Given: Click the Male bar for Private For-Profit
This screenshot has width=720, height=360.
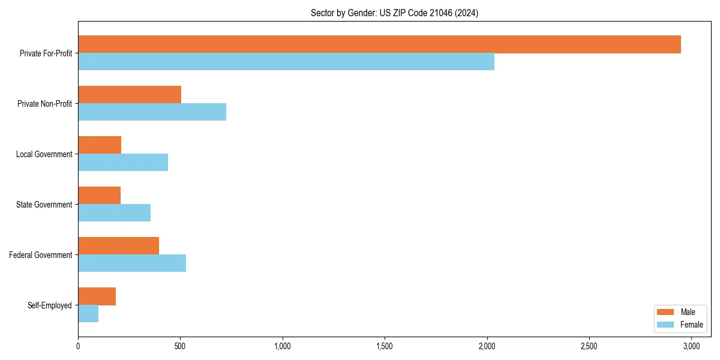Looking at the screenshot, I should tap(379, 44).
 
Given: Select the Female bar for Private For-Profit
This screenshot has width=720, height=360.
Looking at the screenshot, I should tap(286, 62).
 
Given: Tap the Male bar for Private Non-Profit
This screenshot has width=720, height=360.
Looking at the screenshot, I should tap(130, 95).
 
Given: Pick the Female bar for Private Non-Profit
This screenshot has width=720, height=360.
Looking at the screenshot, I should tap(152, 112).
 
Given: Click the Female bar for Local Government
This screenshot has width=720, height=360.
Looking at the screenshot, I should tap(123, 163).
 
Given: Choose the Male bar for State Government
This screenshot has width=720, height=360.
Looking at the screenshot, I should tap(99, 196).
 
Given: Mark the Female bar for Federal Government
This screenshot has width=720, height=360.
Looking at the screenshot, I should tap(132, 263).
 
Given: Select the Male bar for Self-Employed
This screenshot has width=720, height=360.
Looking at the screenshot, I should tap(97, 296).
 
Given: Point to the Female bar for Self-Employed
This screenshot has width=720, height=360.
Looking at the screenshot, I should tap(88, 314).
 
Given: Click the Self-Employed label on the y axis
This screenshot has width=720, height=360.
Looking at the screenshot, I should tap(50, 305).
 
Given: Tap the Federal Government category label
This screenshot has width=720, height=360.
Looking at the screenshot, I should tap(41, 255).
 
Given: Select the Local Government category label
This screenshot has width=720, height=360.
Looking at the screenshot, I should tap(44, 154).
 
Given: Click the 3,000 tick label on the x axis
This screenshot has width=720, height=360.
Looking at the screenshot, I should tap(691, 346).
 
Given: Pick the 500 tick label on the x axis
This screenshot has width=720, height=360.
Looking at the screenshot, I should tap(180, 346).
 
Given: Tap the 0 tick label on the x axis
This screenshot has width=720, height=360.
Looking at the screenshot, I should tap(78, 346).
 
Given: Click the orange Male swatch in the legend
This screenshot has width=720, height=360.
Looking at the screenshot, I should tap(666, 312).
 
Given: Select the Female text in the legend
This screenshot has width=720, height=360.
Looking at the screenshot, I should tap(691, 325).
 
